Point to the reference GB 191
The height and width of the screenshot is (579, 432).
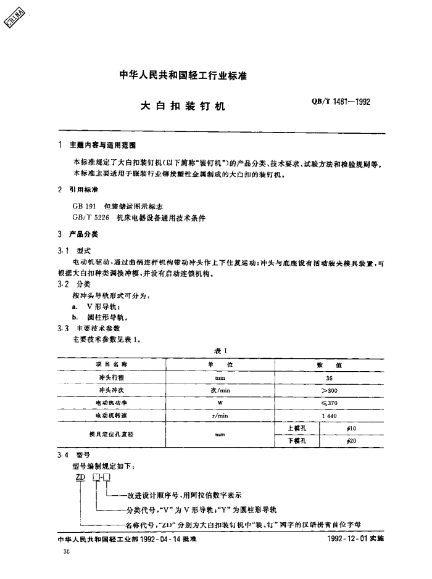pos(83,205)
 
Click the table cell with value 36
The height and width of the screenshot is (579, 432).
pos(329,377)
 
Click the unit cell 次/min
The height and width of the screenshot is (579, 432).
pos(220,390)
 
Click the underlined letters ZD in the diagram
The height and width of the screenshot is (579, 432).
pos(80,480)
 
